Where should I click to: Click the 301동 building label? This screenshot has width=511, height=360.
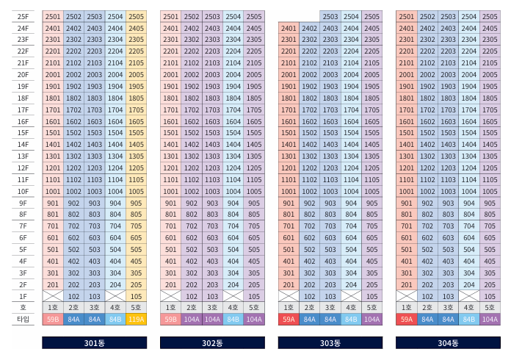pos(95,342)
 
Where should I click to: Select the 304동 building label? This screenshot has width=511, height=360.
pos(448,342)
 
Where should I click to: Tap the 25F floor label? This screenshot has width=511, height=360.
pos(23,17)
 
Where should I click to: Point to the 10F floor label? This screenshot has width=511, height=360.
pos(23,192)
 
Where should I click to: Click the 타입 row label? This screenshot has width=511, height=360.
pos(23,320)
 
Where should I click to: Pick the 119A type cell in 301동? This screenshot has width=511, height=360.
pos(137,320)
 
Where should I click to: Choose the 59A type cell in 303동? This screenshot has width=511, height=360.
pos(289,320)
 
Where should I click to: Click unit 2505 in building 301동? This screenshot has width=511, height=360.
pos(137,17)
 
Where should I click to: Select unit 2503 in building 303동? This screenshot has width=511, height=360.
pos(330,17)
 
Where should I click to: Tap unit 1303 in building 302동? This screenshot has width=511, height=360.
pos(212,156)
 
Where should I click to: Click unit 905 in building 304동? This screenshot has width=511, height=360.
pos(490,204)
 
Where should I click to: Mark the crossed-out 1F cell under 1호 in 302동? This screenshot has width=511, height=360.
pos(170,296)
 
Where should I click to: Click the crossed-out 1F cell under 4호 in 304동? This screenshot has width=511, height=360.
pos(469,296)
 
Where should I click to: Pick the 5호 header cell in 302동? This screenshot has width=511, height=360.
pos(254,308)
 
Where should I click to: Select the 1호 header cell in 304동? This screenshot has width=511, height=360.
pos(407,308)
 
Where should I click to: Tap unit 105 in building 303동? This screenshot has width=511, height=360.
pos(372,296)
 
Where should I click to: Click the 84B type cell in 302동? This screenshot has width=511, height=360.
pos(233,320)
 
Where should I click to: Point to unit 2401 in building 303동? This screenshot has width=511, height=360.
pos(289,29)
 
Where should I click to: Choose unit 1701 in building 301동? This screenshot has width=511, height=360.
pos(53,110)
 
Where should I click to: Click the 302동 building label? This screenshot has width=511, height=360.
pos(212,342)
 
